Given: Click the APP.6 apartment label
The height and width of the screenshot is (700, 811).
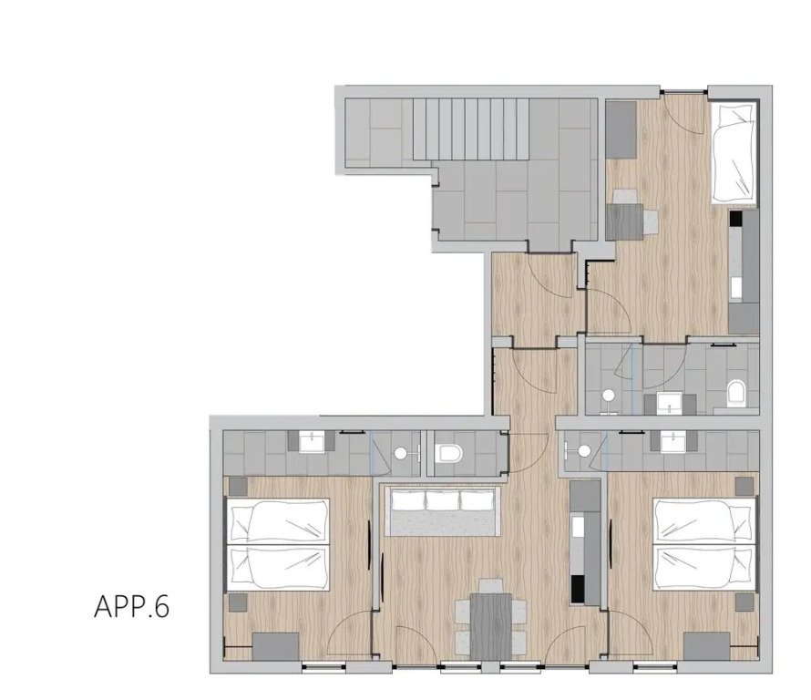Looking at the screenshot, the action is pyautogui.click(x=131, y=606).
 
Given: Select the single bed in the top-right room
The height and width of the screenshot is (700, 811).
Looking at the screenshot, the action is pyautogui.click(x=733, y=152).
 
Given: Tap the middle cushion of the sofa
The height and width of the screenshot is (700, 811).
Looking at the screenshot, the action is pyautogui.click(x=442, y=500).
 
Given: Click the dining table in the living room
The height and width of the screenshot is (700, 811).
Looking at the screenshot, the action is pyautogui.click(x=491, y=626).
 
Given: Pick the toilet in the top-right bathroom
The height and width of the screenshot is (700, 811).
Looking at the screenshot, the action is pyautogui.click(x=736, y=393).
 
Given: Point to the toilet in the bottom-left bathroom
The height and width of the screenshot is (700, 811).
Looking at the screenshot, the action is pyautogui.click(x=447, y=453).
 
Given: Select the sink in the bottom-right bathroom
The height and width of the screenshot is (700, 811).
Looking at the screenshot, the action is pyautogui.click(x=672, y=441).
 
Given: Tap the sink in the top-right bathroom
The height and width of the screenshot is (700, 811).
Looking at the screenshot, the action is pyautogui.click(x=670, y=403).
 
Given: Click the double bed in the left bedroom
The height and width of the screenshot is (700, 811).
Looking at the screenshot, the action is pyautogui.click(x=278, y=544).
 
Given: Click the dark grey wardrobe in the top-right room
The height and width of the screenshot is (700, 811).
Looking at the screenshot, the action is pyautogui.click(x=621, y=129).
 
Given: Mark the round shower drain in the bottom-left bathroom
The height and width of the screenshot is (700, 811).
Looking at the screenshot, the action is pyautogui.click(x=400, y=454).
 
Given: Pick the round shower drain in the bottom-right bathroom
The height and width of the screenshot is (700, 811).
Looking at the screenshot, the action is pyautogui.click(x=584, y=450).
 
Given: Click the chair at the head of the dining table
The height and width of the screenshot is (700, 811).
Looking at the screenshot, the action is pyautogui.click(x=490, y=586).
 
